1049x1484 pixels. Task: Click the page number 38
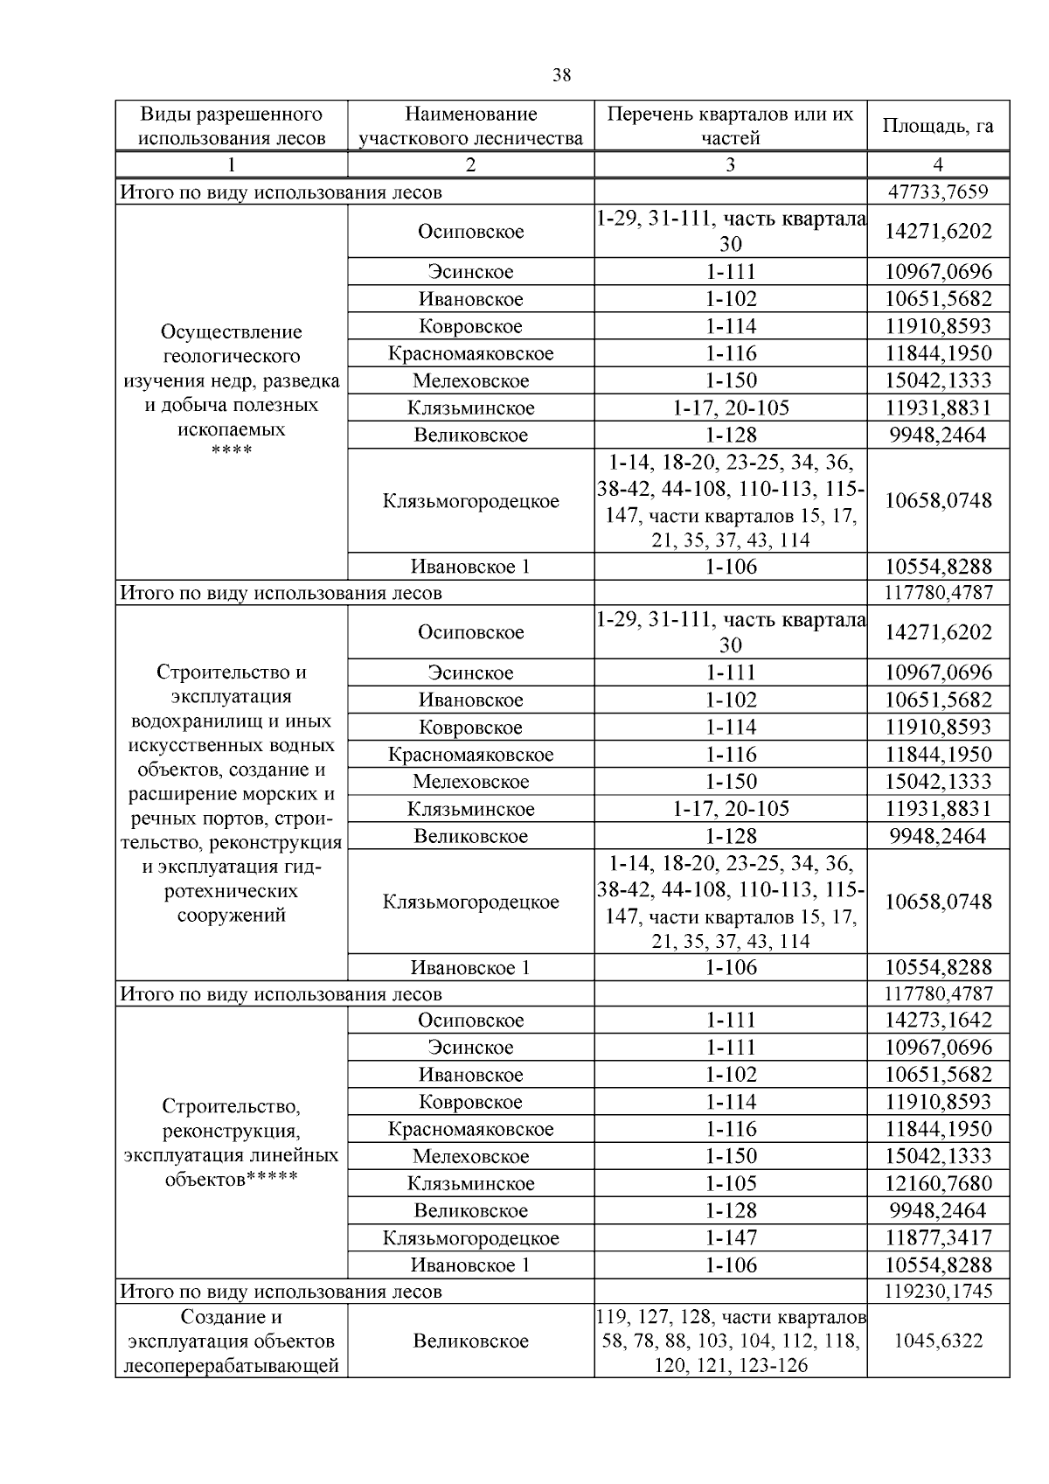(x=562, y=75)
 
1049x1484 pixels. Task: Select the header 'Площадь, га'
(x=938, y=126)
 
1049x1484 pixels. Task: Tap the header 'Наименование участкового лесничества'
(x=470, y=126)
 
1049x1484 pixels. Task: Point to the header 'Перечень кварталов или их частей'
(x=730, y=126)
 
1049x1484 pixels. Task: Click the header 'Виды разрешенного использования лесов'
(x=232, y=126)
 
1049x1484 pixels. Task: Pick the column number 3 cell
(x=730, y=164)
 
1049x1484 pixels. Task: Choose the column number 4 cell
(x=938, y=164)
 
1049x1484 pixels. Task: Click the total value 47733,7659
(x=938, y=192)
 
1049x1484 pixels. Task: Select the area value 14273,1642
(x=938, y=1021)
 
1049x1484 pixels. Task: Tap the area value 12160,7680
(x=938, y=1184)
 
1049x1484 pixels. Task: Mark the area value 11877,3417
(x=938, y=1238)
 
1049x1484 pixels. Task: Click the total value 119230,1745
(x=938, y=1292)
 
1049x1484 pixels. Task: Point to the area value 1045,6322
(x=938, y=1341)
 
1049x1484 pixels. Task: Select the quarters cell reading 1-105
(x=730, y=1184)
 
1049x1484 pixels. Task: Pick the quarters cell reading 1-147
(x=730, y=1238)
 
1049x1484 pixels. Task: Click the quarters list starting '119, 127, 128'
(x=730, y=1341)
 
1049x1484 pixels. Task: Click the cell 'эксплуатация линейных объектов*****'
(x=232, y=1143)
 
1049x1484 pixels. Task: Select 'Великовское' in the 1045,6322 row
(x=470, y=1341)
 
